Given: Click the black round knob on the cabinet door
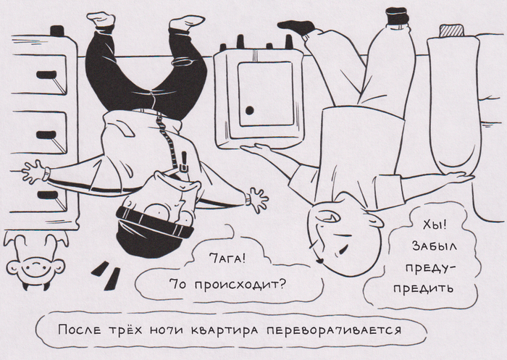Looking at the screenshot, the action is coord(250,111).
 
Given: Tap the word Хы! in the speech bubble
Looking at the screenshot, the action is coord(435,225).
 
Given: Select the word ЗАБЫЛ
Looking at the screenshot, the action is coord(435,246).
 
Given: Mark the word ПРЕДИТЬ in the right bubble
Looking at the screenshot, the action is coord(423,288).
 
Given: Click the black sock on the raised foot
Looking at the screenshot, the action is coord(297,28).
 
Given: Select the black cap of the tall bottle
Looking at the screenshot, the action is coord(397,15).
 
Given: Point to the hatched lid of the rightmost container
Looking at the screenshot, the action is coord(451,31).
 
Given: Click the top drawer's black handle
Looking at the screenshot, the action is coord(46,75).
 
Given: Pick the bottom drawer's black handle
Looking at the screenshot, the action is coord(48,195).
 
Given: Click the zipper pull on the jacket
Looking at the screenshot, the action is coord(184,162).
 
